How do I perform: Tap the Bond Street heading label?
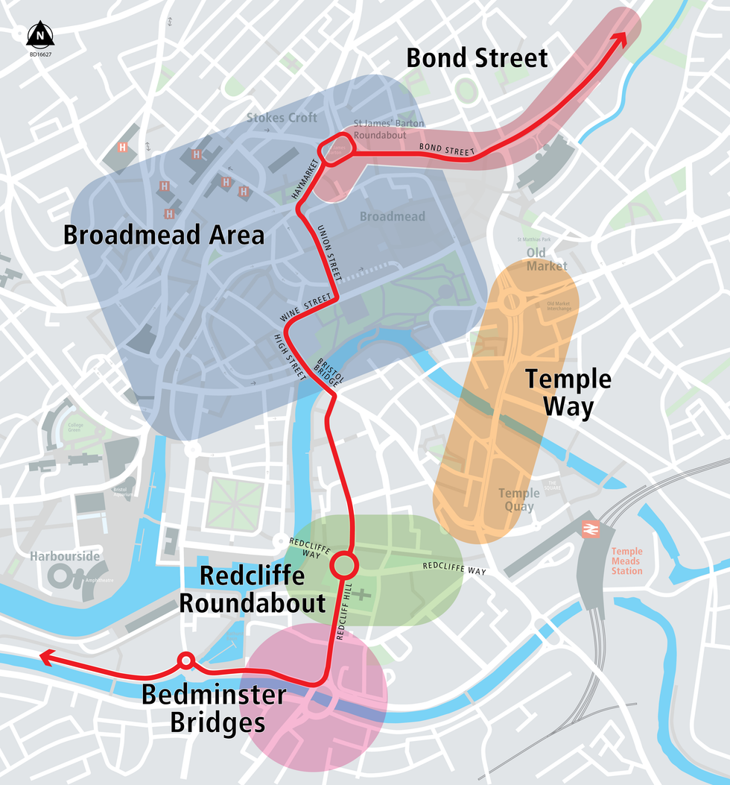[477, 57]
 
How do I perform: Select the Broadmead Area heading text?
[163, 235]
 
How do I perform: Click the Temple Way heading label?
[568, 393]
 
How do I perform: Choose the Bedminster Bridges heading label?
[214, 708]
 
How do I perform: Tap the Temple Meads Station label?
[626, 561]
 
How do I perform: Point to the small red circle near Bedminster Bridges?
[185, 661]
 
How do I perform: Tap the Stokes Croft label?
[282, 117]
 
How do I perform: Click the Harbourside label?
[65, 556]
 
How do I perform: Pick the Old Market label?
[547, 259]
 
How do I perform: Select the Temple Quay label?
[518, 499]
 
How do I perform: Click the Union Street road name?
[328, 253]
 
